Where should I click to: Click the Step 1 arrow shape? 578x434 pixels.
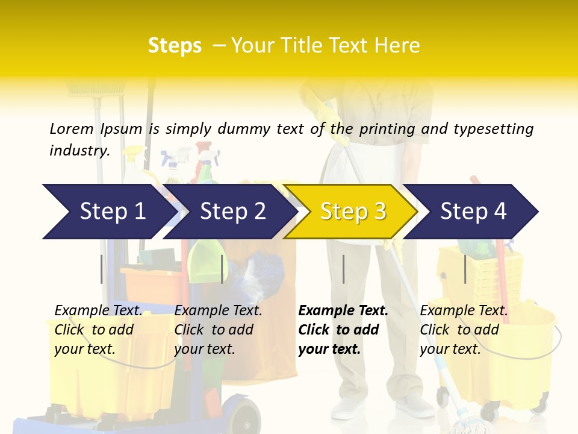click(108, 212)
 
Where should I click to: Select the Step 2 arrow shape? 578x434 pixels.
click(232, 212)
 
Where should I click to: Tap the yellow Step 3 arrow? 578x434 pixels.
click(352, 212)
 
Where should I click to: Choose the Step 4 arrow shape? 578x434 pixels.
click(473, 212)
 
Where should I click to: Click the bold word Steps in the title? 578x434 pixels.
click(175, 46)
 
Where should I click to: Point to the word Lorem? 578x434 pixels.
click(71, 128)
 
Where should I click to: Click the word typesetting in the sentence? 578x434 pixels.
click(493, 129)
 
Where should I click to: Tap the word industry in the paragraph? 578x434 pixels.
click(79, 150)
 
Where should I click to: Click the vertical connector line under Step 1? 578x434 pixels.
click(102, 269)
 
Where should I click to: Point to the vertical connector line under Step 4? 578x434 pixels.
click(465, 269)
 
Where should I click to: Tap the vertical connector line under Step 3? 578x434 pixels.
click(344, 269)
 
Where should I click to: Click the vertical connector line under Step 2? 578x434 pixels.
click(222, 269)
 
